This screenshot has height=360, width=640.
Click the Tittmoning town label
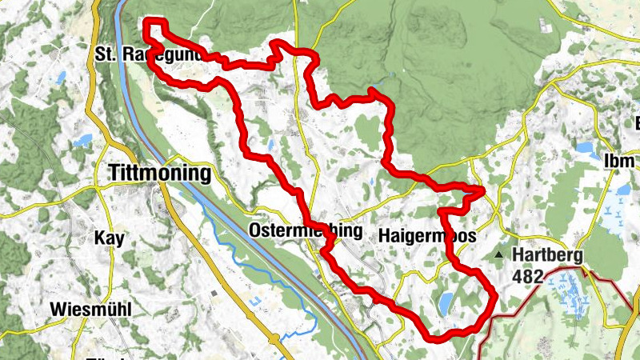tap(158, 173)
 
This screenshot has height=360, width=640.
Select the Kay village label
tap(110, 238)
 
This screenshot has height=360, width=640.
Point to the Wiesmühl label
tap(90, 309)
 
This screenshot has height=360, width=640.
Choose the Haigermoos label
tap(427, 236)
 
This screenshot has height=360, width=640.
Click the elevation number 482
tap(530, 276)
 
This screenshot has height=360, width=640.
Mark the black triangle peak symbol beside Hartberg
tap(500, 256)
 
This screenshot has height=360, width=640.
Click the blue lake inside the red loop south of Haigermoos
tap(443, 302)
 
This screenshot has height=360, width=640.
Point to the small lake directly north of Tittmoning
tap(82, 142)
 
